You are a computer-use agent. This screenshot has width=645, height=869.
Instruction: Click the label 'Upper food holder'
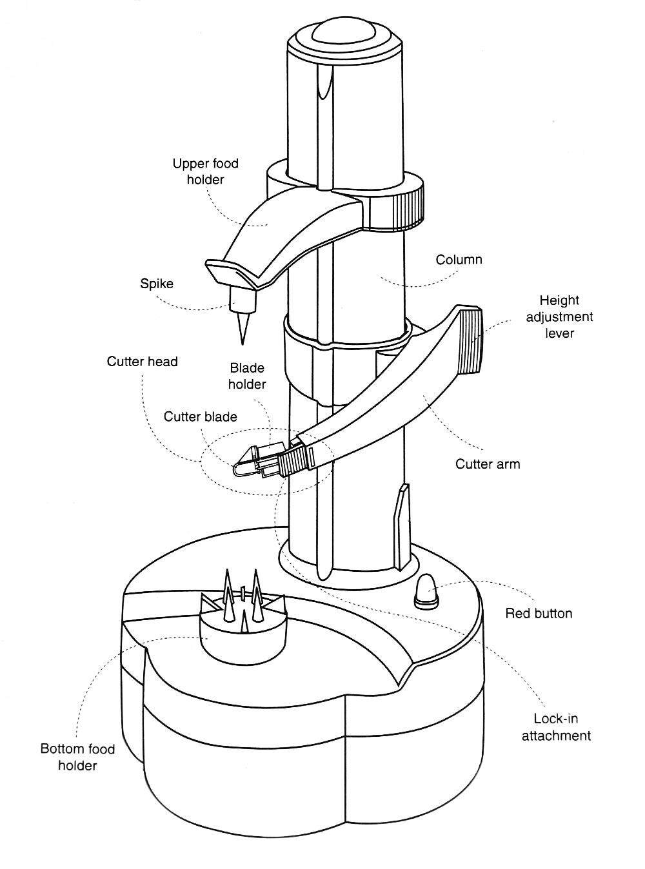point(206,171)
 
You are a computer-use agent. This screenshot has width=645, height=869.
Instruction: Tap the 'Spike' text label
point(157,283)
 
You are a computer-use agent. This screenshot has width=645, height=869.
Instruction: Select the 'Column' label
point(459,259)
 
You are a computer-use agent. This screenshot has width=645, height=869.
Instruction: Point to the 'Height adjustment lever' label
point(559,317)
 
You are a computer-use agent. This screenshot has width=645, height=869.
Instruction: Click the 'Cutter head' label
point(143,361)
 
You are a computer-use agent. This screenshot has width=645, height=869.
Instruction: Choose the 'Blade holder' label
point(247,376)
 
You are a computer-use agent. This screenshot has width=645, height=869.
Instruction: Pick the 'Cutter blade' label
point(201,416)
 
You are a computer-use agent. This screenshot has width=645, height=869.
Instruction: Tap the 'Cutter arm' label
point(488,464)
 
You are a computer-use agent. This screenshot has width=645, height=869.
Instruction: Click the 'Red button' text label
point(539,613)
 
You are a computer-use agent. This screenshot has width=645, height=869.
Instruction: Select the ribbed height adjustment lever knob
point(470,341)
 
